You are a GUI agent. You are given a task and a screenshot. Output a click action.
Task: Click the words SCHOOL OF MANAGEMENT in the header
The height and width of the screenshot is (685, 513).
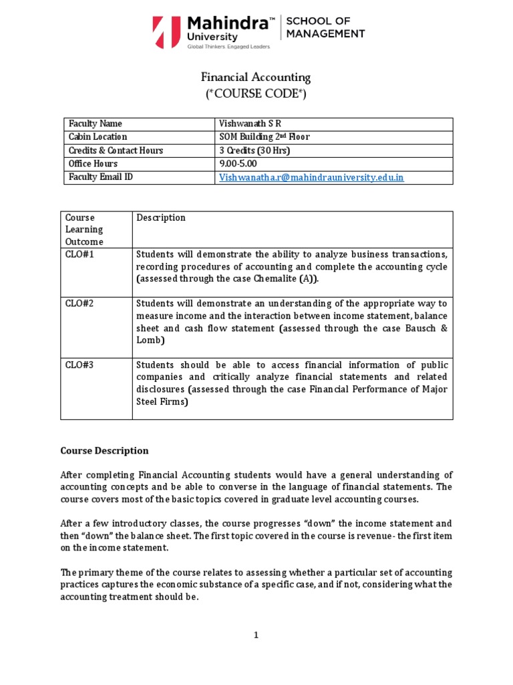click(x=325, y=27)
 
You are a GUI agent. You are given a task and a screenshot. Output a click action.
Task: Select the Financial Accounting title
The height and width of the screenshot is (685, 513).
click(x=256, y=77)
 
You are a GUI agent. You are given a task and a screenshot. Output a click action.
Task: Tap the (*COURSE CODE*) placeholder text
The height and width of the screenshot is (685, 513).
click(x=256, y=94)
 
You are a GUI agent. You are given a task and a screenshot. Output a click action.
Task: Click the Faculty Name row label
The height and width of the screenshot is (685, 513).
click(x=96, y=124)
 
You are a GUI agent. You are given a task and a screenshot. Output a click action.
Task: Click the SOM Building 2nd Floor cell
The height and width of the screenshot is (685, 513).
click(x=264, y=137)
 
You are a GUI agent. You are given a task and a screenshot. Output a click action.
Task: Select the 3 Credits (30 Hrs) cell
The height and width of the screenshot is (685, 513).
click(x=254, y=151)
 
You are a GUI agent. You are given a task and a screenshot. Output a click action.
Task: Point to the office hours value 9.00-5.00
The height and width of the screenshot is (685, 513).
click(x=238, y=164)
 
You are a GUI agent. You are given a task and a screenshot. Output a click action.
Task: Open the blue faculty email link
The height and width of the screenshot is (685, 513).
click(x=311, y=177)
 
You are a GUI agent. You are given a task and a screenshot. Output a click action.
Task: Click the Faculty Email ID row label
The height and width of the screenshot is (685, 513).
click(x=101, y=177)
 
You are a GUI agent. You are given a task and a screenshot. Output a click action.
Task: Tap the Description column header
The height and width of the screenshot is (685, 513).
click(x=161, y=218)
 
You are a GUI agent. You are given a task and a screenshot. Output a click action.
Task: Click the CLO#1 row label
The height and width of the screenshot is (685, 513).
click(x=79, y=254)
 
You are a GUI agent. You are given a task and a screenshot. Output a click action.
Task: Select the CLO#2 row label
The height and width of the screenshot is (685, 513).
click(x=79, y=303)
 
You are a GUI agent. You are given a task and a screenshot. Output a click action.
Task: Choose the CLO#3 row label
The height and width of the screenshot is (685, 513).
click(x=79, y=365)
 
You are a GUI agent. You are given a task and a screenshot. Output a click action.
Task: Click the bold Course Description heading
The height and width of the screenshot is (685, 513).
click(x=105, y=451)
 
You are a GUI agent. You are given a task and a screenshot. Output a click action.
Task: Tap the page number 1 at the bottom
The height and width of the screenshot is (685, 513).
click(x=256, y=635)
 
